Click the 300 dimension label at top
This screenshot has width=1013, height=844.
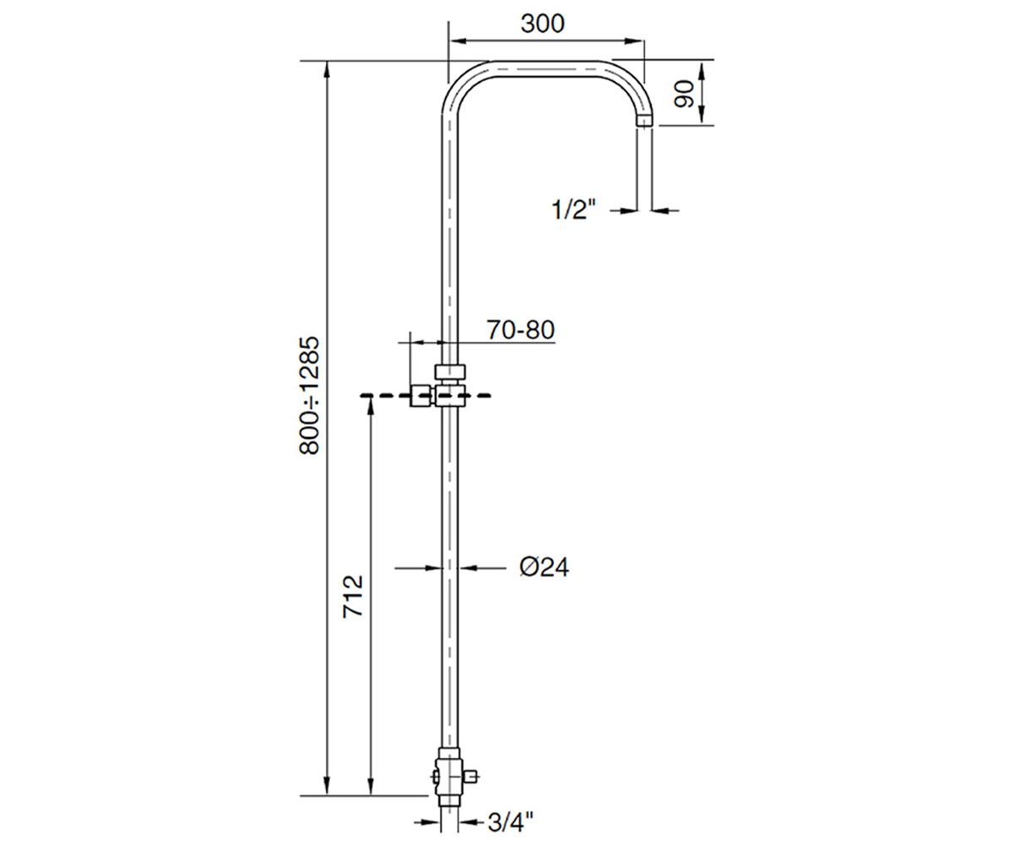[x=543, y=24]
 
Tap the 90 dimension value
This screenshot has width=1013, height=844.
[x=685, y=95]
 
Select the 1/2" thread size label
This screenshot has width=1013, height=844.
[x=573, y=209]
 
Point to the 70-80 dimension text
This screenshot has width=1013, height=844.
[x=521, y=330]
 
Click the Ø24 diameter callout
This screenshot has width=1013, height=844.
[x=544, y=567]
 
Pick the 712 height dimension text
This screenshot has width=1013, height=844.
[x=353, y=596]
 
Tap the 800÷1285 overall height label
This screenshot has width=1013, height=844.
[x=309, y=395]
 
